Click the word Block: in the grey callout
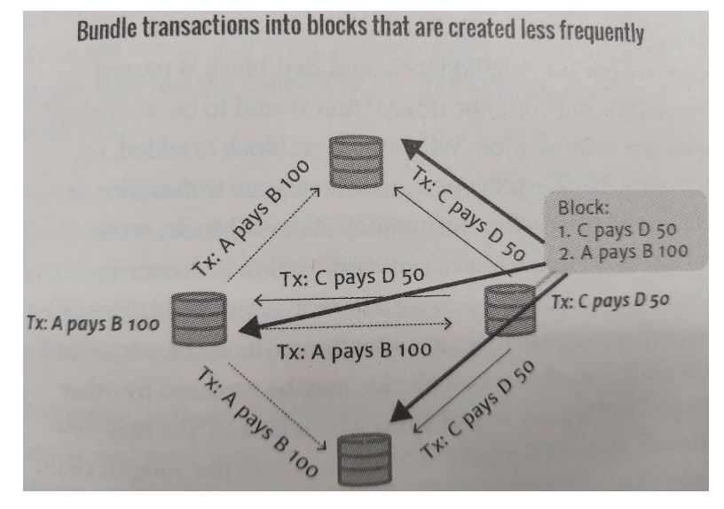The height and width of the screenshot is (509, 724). pyautogui.click(x=581, y=209)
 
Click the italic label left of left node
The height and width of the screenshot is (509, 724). pyautogui.click(x=87, y=323)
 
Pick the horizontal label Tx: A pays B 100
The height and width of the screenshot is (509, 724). pyautogui.click(x=355, y=348)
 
